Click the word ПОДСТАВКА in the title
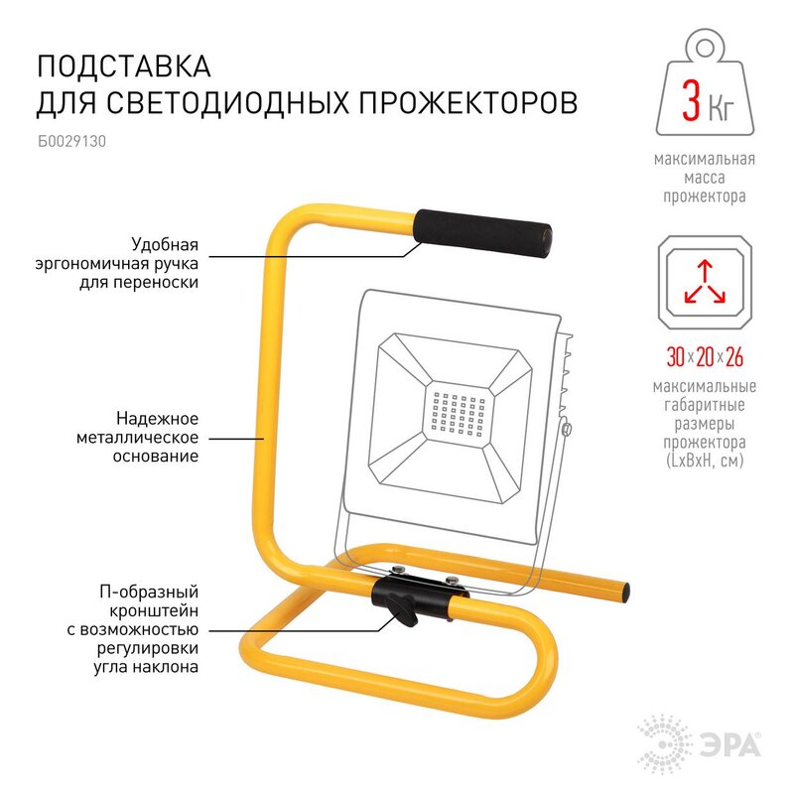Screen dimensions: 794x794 124,66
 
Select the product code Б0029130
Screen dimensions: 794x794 71,141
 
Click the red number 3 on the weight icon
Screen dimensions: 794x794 691,101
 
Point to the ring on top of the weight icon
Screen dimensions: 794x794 705,49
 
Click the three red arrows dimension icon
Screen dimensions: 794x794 705,282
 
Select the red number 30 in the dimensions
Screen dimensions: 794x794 676,356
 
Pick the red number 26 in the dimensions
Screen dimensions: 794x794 734,356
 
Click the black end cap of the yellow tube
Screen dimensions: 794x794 626,592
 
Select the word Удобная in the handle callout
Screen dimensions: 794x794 165,244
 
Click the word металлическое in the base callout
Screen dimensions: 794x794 137,437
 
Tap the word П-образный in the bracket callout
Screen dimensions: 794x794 148,592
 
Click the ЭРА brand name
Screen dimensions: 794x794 731,746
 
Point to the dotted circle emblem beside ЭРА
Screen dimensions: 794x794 665,744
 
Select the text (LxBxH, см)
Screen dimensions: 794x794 705,461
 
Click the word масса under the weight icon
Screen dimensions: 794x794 705,178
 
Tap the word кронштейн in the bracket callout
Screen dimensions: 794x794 154,610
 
